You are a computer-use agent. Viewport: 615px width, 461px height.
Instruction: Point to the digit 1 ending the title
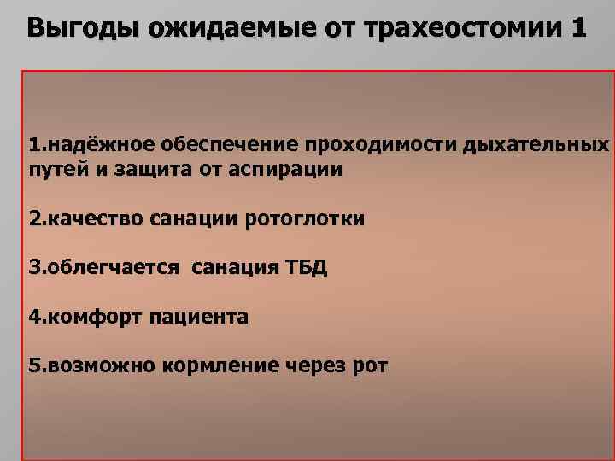pyautogui.click(x=577, y=28)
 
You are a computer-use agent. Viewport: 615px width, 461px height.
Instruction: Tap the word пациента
pyautogui.click(x=200, y=318)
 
